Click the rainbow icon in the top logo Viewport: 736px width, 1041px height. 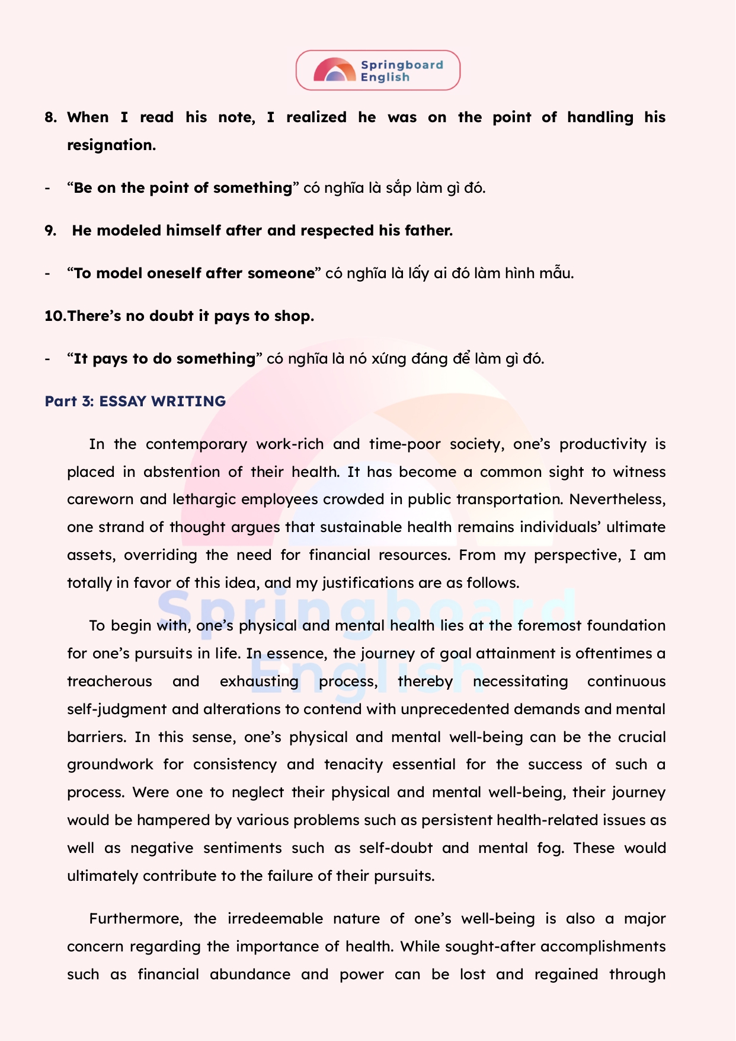coord(335,71)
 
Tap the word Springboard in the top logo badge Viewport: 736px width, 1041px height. coord(402,65)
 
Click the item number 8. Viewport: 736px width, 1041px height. coord(50,117)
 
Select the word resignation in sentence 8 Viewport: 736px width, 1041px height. coord(111,145)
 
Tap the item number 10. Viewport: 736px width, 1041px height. coord(55,316)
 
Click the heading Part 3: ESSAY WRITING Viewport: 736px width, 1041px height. coord(135,402)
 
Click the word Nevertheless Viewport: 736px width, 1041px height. coord(617,499)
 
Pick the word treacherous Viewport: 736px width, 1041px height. coord(110,682)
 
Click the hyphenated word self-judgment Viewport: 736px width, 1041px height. coord(117,709)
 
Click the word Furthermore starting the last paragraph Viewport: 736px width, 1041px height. coord(133,919)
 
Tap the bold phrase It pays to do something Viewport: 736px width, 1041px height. coord(164,359)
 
